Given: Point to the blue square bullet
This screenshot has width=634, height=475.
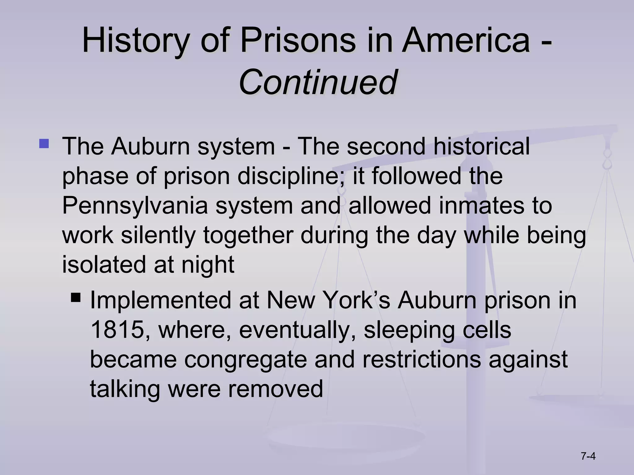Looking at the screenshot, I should tap(44, 144).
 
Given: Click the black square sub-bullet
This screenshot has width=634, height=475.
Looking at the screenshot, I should tap(76, 298).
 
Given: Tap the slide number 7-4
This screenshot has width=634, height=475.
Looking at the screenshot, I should tap(588, 447).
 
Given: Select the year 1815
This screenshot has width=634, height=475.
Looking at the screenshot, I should tap(118, 330).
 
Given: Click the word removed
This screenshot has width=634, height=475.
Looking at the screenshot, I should tap(276, 389).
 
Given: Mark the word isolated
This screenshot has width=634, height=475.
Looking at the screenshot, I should tap(104, 264).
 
